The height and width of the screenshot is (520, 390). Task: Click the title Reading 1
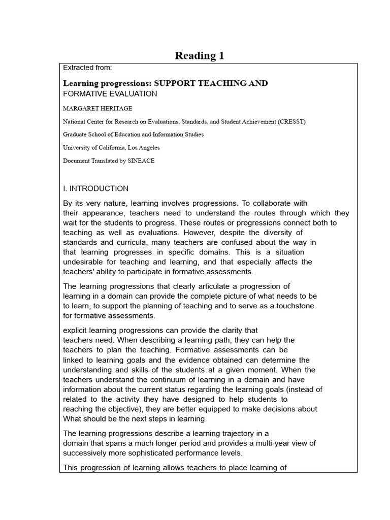click(199, 55)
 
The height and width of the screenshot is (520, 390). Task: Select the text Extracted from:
click(87, 68)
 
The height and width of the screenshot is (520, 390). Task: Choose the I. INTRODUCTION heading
click(95, 188)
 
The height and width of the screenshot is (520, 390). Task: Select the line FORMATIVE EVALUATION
click(110, 94)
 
